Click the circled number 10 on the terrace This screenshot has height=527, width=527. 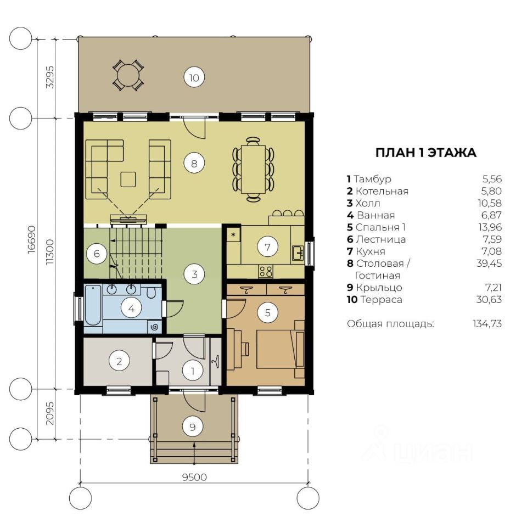pyautogui.click(x=194, y=77)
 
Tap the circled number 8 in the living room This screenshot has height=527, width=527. pyautogui.click(x=194, y=164)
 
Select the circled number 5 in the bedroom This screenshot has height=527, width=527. pyautogui.click(x=267, y=313)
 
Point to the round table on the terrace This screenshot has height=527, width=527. pyautogui.click(x=128, y=75)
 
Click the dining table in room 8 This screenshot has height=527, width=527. pyautogui.click(x=253, y=169)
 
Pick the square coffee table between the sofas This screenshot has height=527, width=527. pyautogui.click(x=128, y=179)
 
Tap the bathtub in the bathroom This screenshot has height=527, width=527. pyautogui.click(x=93, y=305)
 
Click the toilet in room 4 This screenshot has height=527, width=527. pyautogui.click(x=152, y=293)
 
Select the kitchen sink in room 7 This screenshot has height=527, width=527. pyautogui.click(x=298, y=253)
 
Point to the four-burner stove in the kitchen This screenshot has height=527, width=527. pyautogui.click(x=266, y=271)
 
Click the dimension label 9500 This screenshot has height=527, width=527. pyautogui.click(x=194, y=477)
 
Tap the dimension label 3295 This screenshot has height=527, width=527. pyautogui.click(x=50, y=77)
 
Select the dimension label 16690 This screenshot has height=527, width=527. pyautogui.click(x=31, y=239)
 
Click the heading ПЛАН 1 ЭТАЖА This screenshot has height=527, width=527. pyautogui.click(x=425, y=153)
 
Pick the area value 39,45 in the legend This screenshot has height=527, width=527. pyautogui.click(x=489, y=263)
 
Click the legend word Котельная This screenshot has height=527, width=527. pyautogui.click(x=382, y=191)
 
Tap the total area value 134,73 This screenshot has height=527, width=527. pyautogui.click(x=487, y=324)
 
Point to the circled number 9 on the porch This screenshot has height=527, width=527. pyautogui.click(x=193, y=427)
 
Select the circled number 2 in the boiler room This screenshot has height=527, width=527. pyautogui.click(x=119, y=361)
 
